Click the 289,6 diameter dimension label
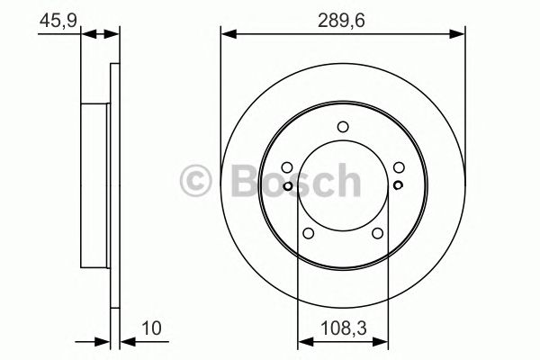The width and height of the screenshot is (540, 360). pyautogui.click(x=343, y=17)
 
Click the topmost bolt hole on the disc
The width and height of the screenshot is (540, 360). pyautogui.click(x=343, y=127)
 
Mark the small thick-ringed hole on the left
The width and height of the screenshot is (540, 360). pyautogui.click(x=287, y=186)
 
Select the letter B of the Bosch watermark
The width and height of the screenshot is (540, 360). pyautogui.click(x=237, y=181)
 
